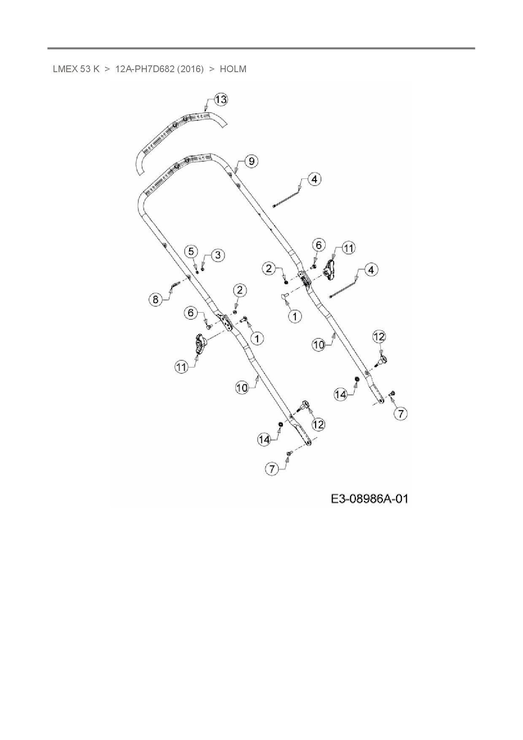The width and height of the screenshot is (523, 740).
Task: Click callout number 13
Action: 221,100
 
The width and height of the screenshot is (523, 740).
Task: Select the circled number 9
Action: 251,161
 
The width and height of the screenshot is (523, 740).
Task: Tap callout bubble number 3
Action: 218,255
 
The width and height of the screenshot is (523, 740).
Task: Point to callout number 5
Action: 191,251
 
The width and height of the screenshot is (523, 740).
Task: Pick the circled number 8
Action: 156,300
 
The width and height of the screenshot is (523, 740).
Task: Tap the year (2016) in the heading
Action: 190,69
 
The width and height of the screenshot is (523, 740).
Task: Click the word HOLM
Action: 233,69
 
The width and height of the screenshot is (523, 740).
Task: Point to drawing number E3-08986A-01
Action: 369,499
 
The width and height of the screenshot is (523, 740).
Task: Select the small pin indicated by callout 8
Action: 175,286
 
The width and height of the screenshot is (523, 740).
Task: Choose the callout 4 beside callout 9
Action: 314,179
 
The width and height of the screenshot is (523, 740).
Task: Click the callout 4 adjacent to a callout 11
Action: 371,270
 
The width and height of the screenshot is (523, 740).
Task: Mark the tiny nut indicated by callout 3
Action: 203,269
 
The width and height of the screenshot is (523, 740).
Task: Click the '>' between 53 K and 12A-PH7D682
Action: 107,69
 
